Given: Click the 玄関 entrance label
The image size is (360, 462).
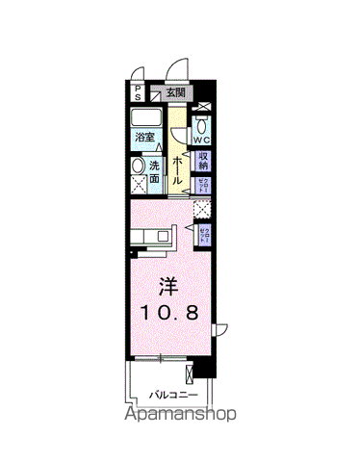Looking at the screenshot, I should (175, 93).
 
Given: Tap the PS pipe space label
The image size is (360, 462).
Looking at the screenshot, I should (138, 93).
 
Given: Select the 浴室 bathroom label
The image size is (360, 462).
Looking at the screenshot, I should (145, 138).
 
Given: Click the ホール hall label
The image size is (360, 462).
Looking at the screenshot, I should (179, 171).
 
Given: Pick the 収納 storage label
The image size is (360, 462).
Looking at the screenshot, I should (203, 161).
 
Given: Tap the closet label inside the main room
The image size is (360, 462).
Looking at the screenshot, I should (204, 233).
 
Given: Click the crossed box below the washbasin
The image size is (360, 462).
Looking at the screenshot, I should (136, 190).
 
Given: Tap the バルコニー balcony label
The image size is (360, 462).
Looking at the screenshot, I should (173, 393).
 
